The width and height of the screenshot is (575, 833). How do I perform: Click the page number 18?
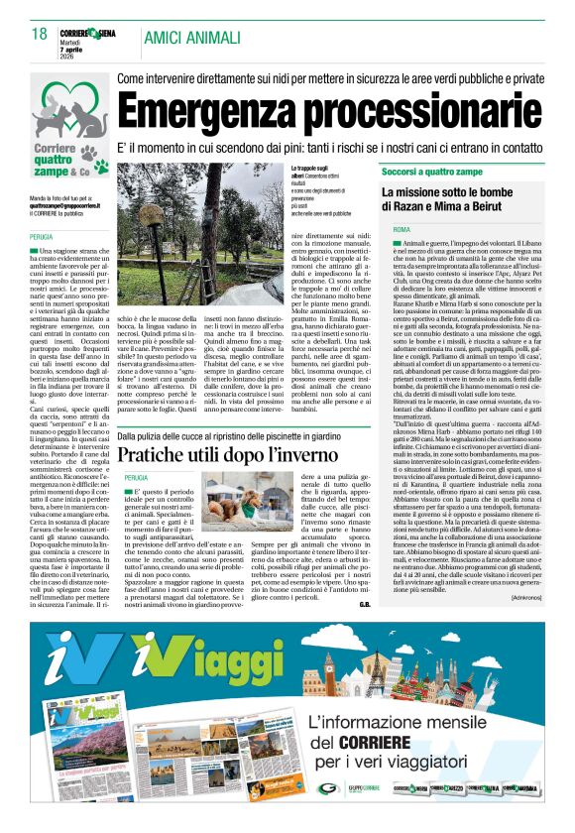coord(39,35)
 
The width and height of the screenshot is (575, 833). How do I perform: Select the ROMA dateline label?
coord(402,230)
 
